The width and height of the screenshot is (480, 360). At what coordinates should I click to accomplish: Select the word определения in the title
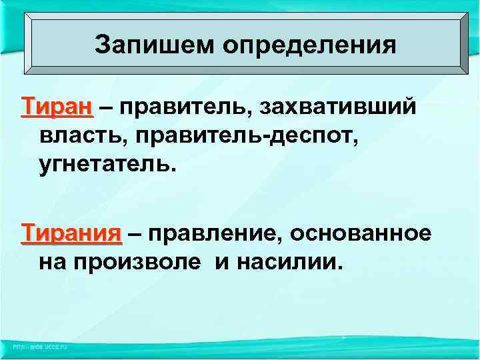(309, 46)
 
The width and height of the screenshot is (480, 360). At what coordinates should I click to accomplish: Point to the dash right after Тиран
(105, 107)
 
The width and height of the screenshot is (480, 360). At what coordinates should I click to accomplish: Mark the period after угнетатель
(176, 169)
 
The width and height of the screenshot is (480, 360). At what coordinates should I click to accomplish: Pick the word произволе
(136, 263)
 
